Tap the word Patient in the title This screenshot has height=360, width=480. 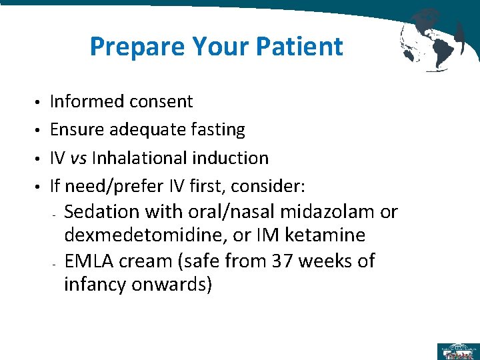coord(303,47)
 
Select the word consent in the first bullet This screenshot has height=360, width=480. coord(161,101)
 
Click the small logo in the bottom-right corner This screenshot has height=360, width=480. coord(457,351)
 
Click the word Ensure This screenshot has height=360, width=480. coord(73,129)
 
